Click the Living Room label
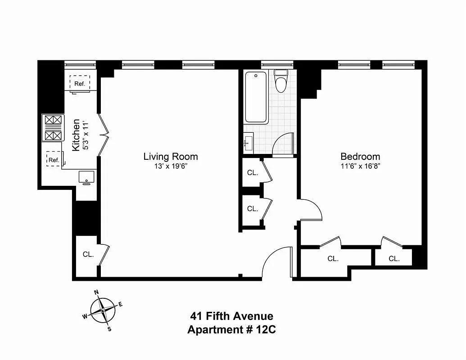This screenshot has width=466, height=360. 170,157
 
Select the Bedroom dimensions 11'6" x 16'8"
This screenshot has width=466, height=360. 360,166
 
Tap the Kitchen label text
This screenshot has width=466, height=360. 77,135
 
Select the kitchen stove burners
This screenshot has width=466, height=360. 53,128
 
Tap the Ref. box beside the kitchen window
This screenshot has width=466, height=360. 80,83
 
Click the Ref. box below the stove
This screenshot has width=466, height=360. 54,159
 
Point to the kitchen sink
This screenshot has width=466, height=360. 86,177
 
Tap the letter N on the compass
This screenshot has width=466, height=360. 96,292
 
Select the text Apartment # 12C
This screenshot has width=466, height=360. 231,329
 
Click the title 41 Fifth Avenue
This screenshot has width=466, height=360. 230,317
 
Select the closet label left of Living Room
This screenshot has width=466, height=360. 88,254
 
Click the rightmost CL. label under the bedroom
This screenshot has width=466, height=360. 394,258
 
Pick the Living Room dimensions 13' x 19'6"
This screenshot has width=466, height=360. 170,166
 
